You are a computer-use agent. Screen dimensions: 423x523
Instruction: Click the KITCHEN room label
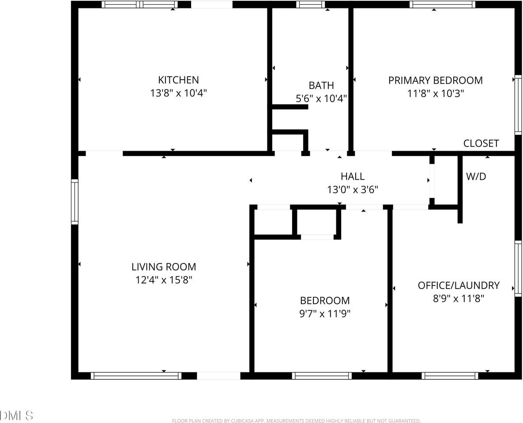178,80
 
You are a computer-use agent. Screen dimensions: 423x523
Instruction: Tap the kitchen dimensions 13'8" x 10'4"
178,93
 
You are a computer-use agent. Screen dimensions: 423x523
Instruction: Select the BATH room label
321,85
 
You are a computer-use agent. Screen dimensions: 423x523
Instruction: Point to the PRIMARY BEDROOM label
435,80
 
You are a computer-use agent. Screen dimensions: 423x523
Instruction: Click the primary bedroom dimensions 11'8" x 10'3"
435,93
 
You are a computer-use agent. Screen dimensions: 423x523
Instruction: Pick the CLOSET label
481,143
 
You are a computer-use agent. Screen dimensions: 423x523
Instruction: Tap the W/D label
476,177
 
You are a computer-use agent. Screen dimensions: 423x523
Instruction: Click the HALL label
352,176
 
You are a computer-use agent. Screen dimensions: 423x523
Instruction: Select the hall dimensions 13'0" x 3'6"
352,189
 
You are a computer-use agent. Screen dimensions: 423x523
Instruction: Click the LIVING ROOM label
164,267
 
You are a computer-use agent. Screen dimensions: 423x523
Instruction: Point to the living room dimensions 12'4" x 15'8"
164,280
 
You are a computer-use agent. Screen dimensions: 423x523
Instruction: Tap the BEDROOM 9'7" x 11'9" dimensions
325,314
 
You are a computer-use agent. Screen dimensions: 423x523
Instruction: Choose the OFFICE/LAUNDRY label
459,286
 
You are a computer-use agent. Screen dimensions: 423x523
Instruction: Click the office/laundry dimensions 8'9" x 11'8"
459,298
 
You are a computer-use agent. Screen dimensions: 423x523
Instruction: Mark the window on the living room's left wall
75,202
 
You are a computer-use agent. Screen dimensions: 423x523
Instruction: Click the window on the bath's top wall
310,4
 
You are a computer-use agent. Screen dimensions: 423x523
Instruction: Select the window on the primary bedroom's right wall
518,104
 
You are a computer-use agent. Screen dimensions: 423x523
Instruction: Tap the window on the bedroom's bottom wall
322,376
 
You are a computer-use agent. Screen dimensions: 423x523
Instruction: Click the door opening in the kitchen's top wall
212,4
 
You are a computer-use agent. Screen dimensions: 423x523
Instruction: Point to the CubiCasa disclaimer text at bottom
296,421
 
